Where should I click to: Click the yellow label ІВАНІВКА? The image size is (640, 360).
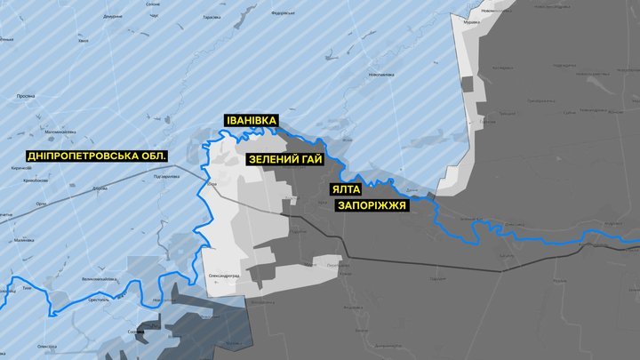click(252, 121)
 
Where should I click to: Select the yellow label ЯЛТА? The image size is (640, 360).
click(348, 190)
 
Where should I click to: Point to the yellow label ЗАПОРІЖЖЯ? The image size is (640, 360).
click(371, 205)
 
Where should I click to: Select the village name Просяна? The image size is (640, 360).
click(26, 95)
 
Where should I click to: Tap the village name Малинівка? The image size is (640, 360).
click(24, 240)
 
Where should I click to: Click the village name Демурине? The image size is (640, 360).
click(112, 17)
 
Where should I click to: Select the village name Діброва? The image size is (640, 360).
click(100, 188)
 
